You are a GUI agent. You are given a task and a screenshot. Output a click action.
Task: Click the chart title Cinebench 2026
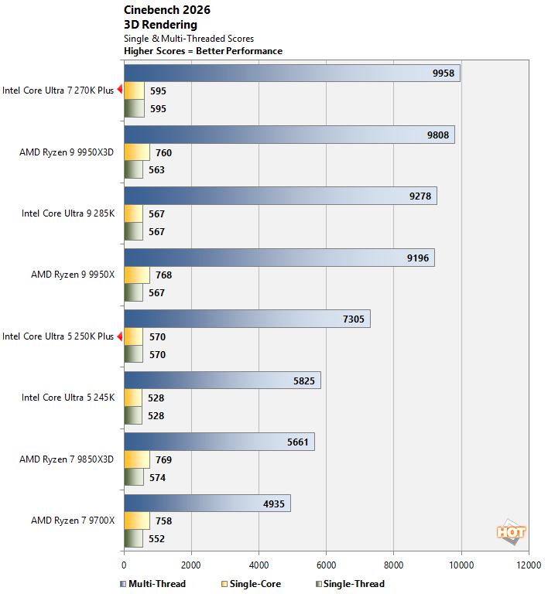(166, 10)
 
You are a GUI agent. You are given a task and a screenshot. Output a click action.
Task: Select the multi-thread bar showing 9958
(292, 73)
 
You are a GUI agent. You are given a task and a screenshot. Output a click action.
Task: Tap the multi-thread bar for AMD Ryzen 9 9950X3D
(289, 135)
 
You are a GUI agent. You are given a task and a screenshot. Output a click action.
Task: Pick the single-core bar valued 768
(137, 275)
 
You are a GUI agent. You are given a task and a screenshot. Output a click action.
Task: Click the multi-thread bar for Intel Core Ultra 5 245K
(222, 380)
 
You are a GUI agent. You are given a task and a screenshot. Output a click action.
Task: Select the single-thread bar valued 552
(133, 538)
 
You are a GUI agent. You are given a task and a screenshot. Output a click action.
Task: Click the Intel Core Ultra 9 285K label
(68, 213)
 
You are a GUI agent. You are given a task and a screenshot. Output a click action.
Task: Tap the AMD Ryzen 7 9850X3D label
(67, 459)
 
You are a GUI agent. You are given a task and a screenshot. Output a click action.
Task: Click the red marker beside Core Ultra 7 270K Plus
(120, 90)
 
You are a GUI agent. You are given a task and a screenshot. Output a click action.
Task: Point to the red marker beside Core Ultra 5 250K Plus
(120, 336)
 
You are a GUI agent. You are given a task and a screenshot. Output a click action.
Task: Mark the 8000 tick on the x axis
(394, 565)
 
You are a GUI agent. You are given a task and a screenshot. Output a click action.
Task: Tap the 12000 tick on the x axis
(529, 565)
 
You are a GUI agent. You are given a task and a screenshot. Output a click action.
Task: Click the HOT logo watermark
(512, 532)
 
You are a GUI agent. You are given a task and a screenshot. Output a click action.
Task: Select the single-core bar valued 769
(137, 459)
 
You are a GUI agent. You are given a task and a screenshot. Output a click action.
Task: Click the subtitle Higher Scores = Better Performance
(204, 51)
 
